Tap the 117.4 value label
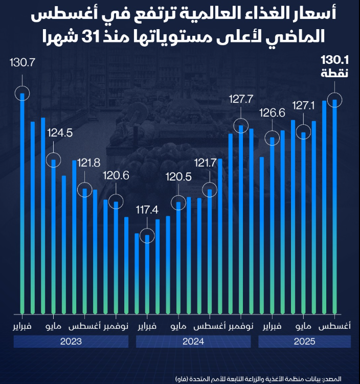147,209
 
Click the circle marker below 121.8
85,190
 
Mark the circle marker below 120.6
116,202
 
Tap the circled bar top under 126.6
272,138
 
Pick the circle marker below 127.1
303,133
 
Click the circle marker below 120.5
178,203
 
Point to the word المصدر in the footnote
345,378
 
